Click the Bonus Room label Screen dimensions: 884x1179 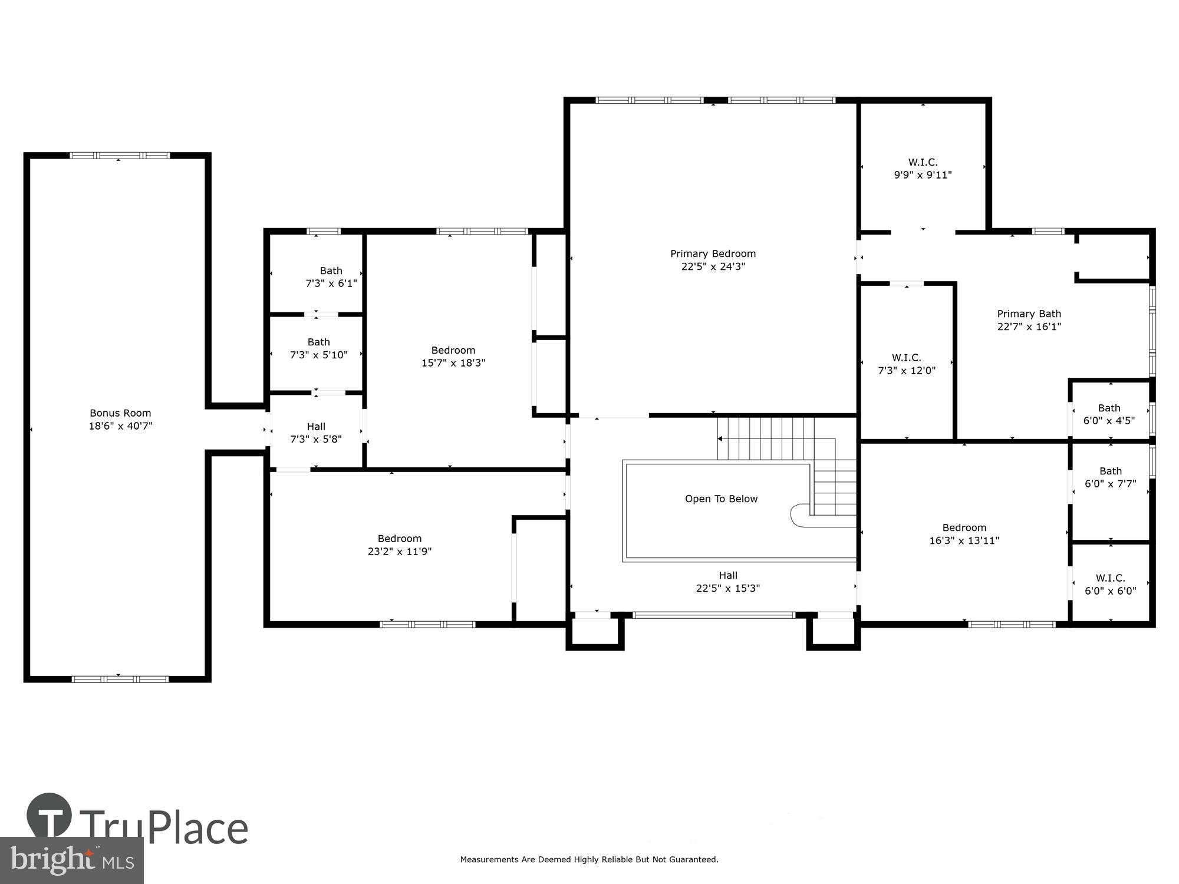point(120,413)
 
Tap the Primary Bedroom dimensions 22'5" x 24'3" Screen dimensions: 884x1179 point(713,266)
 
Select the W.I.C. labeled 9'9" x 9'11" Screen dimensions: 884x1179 point(923,169)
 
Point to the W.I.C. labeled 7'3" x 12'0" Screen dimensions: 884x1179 point(906,364)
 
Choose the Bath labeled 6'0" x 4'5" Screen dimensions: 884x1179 point(1109,414)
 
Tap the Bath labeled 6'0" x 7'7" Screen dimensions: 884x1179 point(1110,477)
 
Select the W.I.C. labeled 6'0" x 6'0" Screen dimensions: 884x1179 point(1110,585)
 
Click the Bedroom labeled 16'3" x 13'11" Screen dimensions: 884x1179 point(964,534)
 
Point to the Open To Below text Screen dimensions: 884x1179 point(721,499)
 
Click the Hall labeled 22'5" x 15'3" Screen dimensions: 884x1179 point(728,582)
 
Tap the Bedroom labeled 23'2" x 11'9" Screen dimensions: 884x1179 point(400,545)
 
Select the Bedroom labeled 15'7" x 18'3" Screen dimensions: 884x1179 point(453,357)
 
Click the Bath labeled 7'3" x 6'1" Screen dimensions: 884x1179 point(331,277)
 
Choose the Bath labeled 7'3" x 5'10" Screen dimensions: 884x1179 point(318,348)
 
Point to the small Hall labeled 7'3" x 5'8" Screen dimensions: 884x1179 point(316,433)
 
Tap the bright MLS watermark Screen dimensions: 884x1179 point(72,860)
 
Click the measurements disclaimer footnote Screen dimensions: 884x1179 point(589,860)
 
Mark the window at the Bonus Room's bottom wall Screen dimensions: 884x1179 point(120,679)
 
